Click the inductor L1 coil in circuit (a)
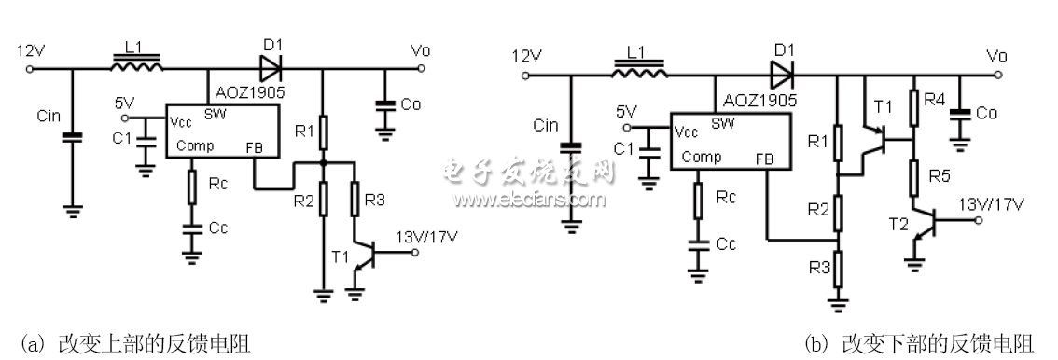137,66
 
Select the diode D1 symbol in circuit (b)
781,69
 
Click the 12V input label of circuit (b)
527,56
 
